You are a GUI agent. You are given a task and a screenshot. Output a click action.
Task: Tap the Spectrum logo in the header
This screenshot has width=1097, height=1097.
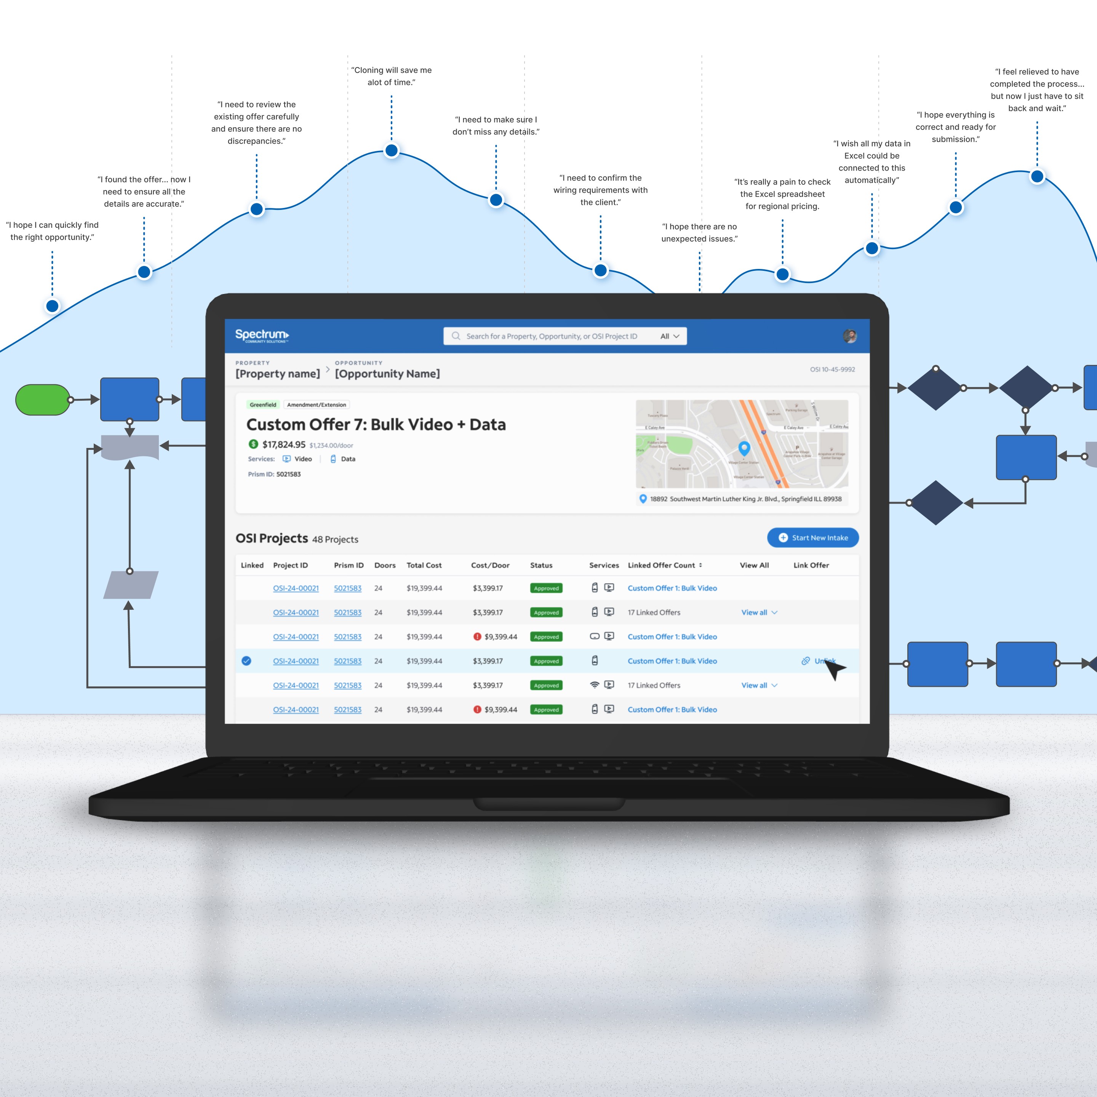point(262,336)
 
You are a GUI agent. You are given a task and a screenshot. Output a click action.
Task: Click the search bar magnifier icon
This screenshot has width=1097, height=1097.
point(456,336)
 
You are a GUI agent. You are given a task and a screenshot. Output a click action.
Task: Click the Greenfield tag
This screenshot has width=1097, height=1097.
point(263,405)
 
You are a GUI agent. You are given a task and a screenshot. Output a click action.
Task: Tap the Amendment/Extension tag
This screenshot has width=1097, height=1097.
point(316,405)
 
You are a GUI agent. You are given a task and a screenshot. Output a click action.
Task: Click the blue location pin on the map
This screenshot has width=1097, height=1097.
point(744,448)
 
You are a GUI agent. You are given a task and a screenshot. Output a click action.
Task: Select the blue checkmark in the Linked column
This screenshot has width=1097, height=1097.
point(246,661)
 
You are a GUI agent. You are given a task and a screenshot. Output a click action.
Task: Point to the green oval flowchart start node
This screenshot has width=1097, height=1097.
point(43,400)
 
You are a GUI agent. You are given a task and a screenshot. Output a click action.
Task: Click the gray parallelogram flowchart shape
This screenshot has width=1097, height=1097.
point(131,585)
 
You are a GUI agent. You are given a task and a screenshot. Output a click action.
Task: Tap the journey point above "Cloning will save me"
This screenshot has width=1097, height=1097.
point(392,150)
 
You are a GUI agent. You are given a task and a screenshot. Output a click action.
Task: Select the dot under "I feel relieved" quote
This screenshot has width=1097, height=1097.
point(1037,177)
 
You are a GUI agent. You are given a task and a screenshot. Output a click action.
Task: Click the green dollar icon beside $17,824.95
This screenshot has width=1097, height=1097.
point(253,444)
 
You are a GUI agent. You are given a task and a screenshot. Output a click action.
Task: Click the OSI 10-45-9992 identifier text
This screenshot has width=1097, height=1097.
point(832,369)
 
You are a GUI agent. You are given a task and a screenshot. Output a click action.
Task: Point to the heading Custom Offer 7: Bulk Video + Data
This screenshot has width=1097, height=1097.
point(376,425)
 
